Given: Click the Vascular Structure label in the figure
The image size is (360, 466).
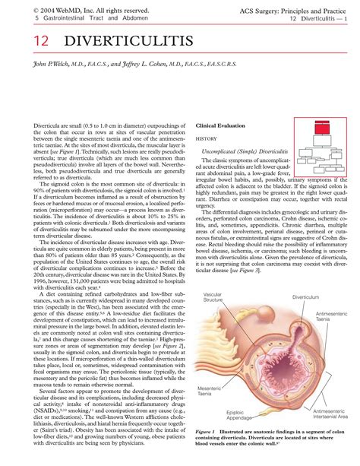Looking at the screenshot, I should pos(214,297).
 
